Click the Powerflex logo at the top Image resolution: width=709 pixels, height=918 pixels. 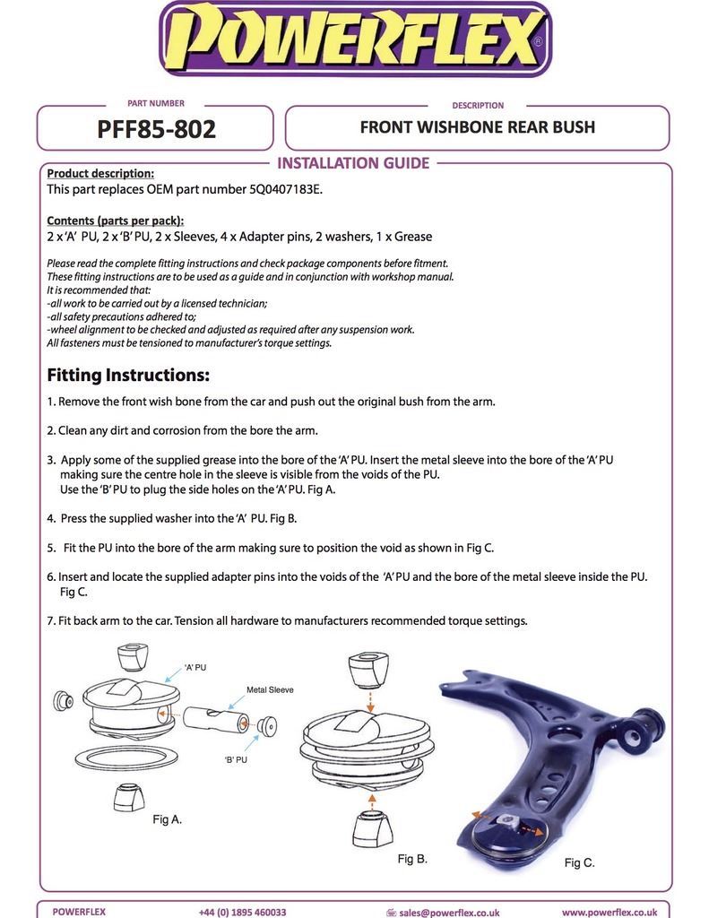(355, 39)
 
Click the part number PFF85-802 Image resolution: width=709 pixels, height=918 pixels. (156, 129)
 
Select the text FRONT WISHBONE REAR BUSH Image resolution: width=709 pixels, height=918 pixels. (477, 126)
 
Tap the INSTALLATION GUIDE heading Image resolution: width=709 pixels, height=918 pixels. (353, 163)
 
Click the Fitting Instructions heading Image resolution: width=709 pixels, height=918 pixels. (128, 374)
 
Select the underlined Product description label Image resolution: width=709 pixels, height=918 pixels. (100, 174)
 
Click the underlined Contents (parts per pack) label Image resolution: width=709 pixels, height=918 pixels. (116, 221)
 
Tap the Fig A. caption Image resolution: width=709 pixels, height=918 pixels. (168, 818)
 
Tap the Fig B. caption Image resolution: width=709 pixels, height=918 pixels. (412, 858)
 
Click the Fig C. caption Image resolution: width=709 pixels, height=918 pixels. (579, 862)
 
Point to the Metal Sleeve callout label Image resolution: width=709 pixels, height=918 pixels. (270, 690)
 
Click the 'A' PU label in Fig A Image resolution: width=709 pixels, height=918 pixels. (196, 668)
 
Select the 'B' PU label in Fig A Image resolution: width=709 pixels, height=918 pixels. (236, 759)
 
